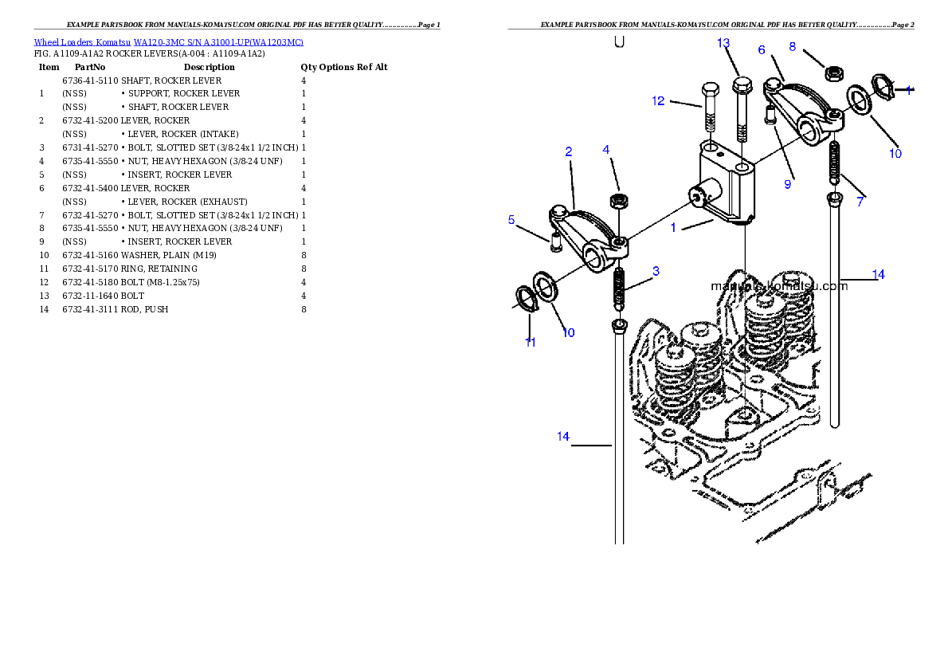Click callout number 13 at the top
[723, 43]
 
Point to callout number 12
[658, 101]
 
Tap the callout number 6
[762, 50]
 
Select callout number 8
[793, 47]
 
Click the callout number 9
[788, 185]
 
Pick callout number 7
[860, 202]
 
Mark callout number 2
[569, 151]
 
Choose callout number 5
[511, 220]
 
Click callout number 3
[656, 271]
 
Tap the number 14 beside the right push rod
[878, 275]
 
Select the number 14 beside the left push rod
[563, 437]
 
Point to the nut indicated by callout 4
[616, 199]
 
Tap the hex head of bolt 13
[742, 85]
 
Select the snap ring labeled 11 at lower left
[526, 297]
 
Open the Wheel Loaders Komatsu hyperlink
[168, 42]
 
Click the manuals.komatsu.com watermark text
[779, 286]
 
